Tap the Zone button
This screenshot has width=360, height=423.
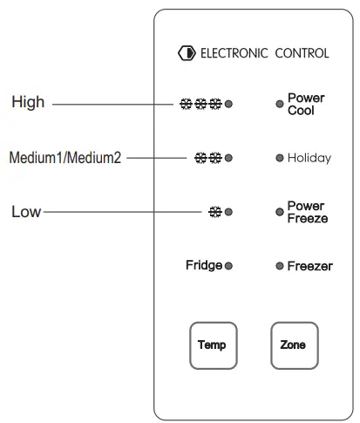[x=294, y=345]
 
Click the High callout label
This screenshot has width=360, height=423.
[x=28, y=103]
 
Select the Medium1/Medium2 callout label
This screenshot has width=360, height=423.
[x=65, y=158]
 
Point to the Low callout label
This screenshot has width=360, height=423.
[x=26, y=212]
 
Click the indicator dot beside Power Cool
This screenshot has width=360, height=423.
[x=280, y=104]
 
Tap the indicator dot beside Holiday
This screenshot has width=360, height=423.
[x=280, y=158]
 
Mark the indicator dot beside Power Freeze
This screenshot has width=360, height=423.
[x=280, y=212]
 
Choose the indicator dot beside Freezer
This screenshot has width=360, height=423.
[x=280, y=266]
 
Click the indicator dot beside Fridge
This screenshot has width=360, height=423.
[x=228, y=266]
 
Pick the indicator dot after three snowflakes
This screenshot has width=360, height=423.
[x=228, y=104]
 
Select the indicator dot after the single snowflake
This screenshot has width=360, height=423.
[x=228, y=212]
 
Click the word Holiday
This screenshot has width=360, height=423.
[x=309, y=158]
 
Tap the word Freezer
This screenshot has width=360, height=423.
[x=309, y=266]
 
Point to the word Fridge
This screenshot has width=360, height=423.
[x=204, y=265]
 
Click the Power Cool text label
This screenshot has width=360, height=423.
[x=306, y=104]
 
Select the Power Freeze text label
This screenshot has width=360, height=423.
[x=308, y=212]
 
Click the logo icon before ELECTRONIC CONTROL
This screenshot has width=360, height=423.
[x=187, y=53]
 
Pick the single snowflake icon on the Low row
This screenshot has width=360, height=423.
[x=214, y=212]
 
